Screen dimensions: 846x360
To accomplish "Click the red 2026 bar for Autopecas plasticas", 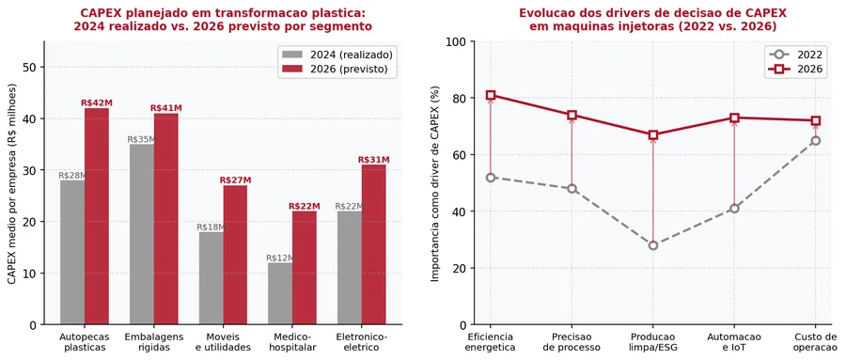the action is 97,216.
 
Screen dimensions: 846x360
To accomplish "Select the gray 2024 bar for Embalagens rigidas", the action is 142,234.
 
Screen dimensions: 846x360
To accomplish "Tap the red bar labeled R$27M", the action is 235,256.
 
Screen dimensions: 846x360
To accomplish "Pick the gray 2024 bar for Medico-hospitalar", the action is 280,293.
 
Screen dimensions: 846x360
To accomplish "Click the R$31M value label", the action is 373,160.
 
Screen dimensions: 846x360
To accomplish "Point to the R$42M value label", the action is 97,102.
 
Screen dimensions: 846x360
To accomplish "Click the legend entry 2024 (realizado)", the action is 337,55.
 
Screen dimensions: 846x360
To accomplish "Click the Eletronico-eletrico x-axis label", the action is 362,342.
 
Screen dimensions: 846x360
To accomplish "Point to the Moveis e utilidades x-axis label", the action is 224,342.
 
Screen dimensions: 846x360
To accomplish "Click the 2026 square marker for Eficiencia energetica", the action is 491,96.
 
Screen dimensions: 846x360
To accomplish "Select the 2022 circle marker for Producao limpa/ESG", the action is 653,245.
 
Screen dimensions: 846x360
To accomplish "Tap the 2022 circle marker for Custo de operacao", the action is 816,140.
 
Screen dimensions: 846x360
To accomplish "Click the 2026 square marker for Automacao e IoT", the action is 734,117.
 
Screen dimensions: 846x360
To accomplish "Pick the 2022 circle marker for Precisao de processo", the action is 572,189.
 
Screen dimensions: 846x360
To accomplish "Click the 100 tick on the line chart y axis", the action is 461,41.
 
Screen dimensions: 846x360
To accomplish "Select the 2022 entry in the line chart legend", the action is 796,55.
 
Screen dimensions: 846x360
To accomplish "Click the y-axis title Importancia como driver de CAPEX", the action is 435,183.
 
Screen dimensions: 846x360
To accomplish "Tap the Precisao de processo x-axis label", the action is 572,342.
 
